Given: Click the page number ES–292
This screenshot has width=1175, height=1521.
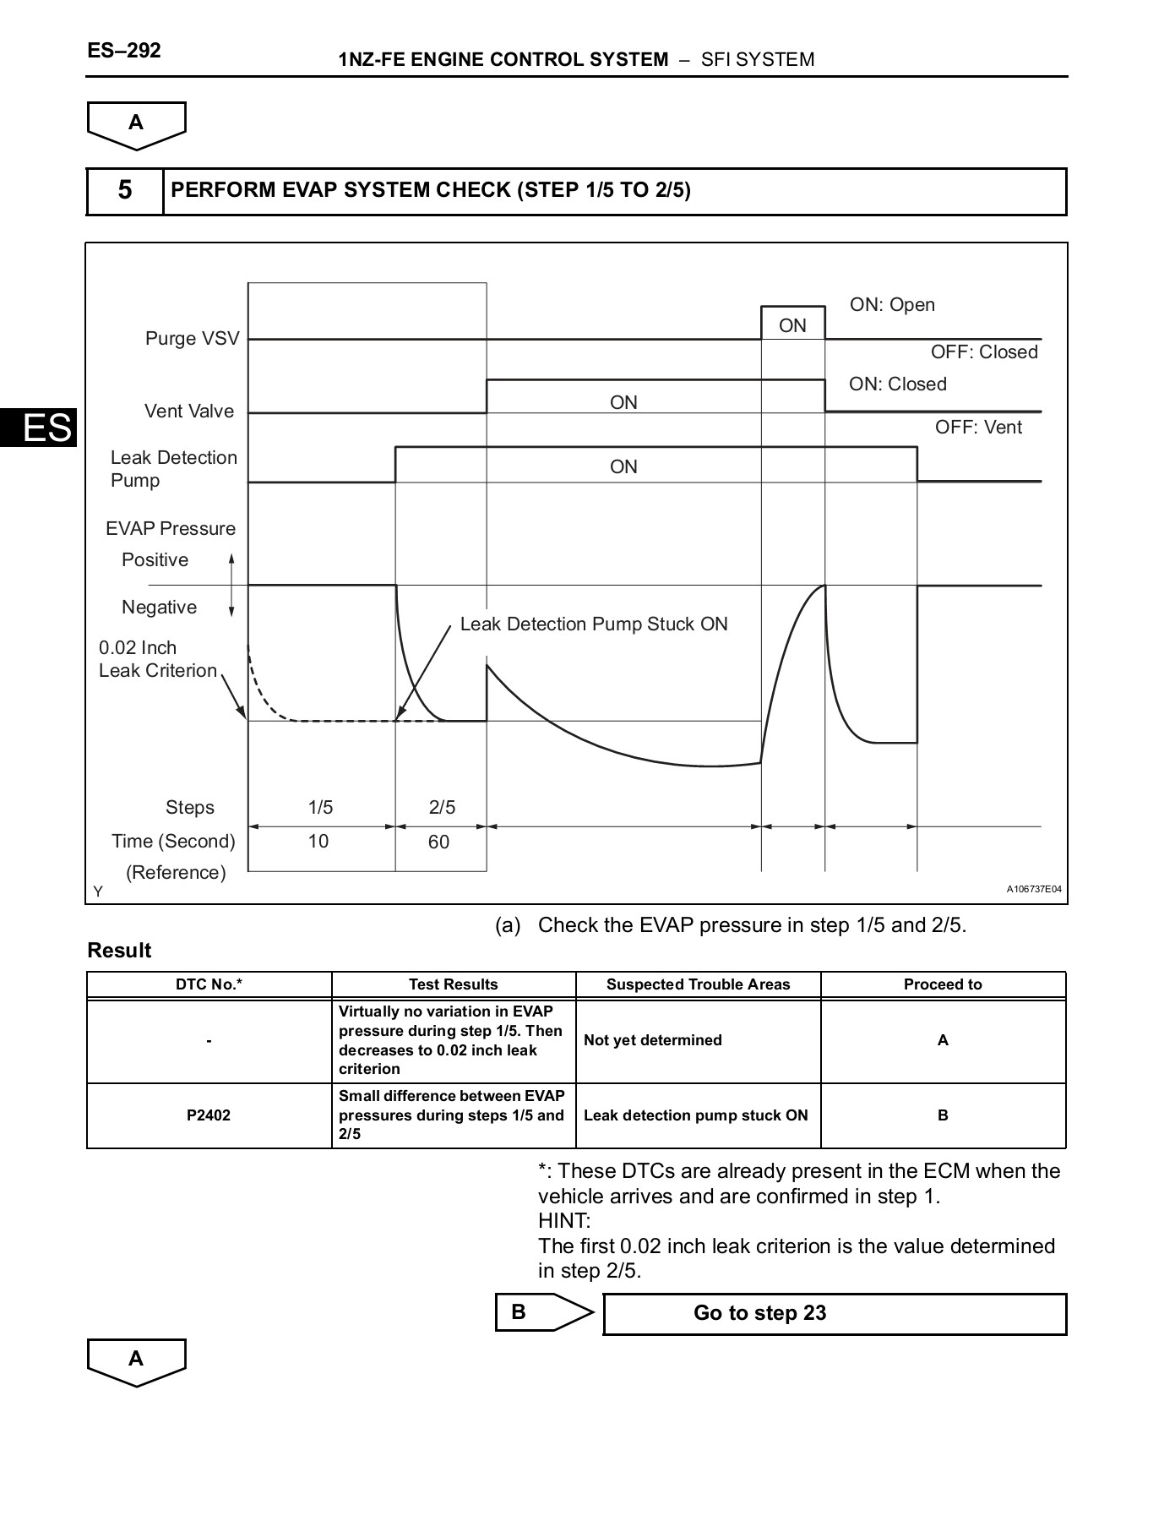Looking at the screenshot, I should tap(123, 51).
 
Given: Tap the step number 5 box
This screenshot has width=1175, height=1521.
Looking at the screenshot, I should tap(125, 191).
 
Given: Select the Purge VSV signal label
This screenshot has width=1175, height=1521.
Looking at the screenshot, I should tap(192, 339).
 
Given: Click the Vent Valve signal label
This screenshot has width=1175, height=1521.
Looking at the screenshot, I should tap(188, 412).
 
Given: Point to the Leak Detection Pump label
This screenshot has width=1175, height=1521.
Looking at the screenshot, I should tap(173, 469).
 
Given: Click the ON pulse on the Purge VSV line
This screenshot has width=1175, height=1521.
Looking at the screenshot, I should tap(792, 325).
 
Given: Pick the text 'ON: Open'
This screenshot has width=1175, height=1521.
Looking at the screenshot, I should tap(892, 305).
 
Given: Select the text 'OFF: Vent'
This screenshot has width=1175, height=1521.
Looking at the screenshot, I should tap(978, 428).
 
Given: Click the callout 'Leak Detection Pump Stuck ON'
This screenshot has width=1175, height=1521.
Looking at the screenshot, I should tap(594, 624).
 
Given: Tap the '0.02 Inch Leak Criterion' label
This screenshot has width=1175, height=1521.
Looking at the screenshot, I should tap(157, 659).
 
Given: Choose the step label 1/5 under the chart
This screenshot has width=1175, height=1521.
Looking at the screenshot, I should tap(320, 808).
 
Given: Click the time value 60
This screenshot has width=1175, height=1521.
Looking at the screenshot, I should tap(439, 842).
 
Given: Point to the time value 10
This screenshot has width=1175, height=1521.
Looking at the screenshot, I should tap(318, 842).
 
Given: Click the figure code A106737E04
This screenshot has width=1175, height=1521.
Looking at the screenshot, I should tap(1033, 890).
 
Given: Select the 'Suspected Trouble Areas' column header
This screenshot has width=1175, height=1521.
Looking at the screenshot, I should tap(698, 984).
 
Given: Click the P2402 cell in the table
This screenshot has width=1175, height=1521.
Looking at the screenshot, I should tap(209, 1115).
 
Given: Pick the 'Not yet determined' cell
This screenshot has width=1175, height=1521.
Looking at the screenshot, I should tap(653, 1040).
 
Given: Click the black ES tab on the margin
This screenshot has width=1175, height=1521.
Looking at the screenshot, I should tap(39, 428).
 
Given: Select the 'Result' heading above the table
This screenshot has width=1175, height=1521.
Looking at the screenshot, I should tap(119, 951).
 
